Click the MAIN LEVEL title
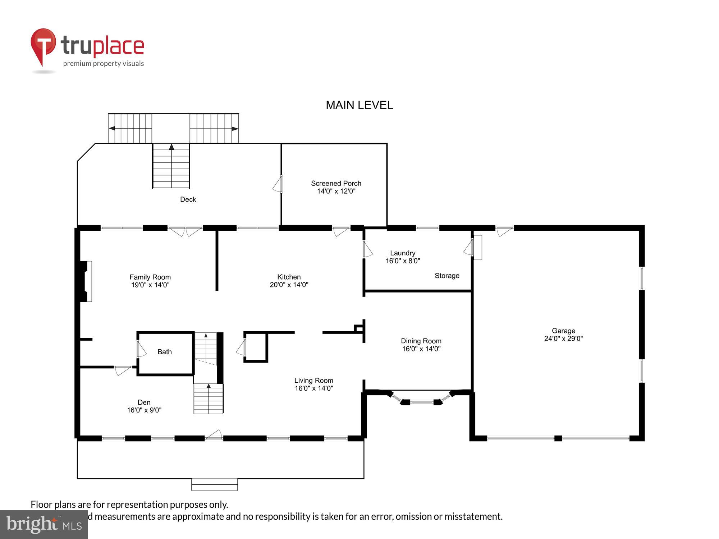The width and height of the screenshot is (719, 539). (x=359, y=105)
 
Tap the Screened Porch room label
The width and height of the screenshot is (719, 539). (x=336, y=183)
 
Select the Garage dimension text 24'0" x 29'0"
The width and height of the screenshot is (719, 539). (x=563, y=338)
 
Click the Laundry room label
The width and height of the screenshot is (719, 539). (x=402, y=253)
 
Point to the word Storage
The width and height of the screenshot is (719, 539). (x=447, y=276)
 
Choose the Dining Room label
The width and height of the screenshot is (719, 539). (x=421, y=341)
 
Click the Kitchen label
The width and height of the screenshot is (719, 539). (x=289, y=277)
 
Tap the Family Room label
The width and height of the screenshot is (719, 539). (x=150, y=277)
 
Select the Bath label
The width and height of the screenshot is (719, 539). (x=165, y=352)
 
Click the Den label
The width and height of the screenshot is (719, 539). (x=144, y=402)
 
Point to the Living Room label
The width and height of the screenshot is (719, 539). (x=313, y=381)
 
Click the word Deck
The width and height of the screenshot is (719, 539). (x=188, y=199)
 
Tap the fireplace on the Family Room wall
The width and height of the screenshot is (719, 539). (x=86, y=281)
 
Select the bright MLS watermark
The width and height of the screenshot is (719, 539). (x=44, y=525)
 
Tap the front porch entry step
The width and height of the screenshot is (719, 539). (x=215, y=484)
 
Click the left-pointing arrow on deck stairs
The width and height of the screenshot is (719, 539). (x=112, y=128)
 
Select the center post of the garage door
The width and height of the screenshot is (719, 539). (x=558, y=438)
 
